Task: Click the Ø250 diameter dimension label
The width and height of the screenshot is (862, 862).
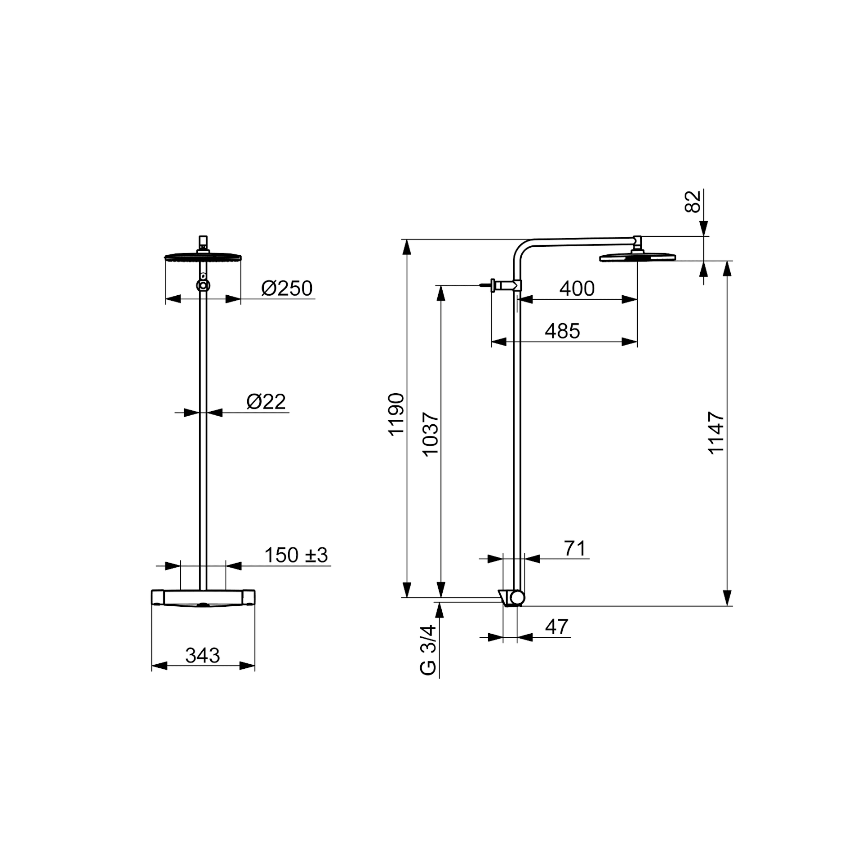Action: pos(287,289)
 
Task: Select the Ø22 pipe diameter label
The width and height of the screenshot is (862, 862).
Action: pos(266,402)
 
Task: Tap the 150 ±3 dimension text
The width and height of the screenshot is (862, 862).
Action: pos(296,555)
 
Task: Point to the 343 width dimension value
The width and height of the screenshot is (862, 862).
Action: pos(203,656)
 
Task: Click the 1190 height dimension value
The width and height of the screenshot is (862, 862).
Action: pos(396,414)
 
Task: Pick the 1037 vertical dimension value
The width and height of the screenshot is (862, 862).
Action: pos(431,434)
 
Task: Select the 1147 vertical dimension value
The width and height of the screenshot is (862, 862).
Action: pos(716,433)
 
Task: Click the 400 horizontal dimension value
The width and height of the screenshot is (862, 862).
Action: pos(577,289)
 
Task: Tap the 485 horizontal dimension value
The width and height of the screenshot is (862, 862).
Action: pos(562,331)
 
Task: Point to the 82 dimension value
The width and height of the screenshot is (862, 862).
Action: pos(693,201)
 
